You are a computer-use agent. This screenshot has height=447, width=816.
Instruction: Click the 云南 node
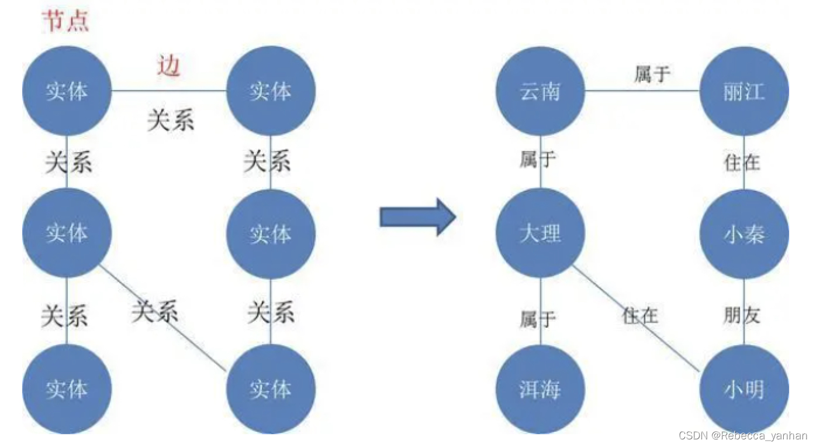(x=540, y=91)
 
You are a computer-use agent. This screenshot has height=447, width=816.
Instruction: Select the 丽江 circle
(x=744, y=91)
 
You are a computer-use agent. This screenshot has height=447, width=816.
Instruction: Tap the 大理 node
(x=540, y=233)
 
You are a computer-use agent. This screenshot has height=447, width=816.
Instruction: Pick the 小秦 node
(x=744, y=233)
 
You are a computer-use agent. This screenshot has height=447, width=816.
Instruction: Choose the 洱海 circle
(x=540, y=389)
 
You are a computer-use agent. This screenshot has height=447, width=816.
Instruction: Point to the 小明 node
(x=744, y=389)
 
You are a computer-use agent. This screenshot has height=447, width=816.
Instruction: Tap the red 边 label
(x=168, y=66)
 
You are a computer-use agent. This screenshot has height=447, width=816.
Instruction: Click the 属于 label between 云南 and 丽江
(x=652, y=74)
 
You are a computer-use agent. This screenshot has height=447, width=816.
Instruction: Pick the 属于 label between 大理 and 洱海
(x=538, y=319)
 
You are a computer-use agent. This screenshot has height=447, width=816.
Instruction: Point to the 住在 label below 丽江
(x=742, y=162)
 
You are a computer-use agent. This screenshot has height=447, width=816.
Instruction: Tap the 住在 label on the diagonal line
(x=640, y=316)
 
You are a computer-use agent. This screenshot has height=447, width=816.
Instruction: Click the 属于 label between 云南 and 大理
(x=537, y=159)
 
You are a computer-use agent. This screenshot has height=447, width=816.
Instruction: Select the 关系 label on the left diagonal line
(x=154, y=311)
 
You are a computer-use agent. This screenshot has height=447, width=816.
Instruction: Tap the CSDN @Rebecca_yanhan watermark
(x=743, y=435)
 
